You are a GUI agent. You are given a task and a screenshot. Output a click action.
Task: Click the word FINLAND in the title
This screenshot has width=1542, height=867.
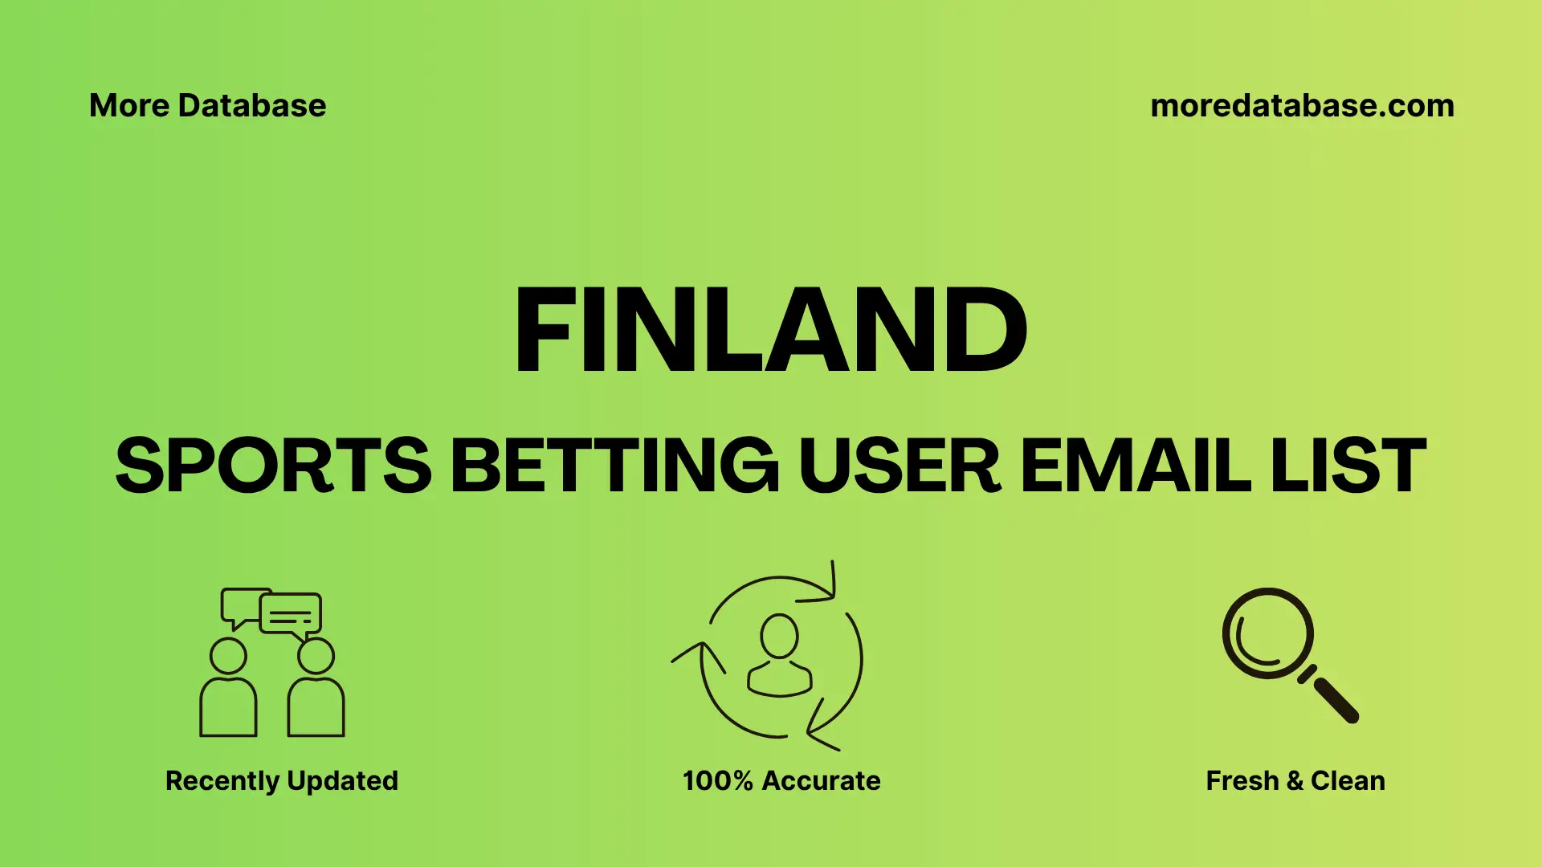[771, 330]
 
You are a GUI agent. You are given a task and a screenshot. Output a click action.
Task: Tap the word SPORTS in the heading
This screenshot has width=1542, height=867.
[274, 466]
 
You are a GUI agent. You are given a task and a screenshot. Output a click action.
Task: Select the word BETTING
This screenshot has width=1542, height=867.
[614, 466]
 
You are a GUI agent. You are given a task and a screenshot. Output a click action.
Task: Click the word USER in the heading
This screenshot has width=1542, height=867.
[899, 466]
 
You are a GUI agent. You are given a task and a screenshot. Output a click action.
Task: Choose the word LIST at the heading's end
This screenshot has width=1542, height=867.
[1348, 466]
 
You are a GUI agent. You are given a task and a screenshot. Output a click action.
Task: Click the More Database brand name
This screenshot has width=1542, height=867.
[207, 106]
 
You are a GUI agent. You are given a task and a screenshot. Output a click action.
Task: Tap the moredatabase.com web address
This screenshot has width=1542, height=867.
[1302, 106]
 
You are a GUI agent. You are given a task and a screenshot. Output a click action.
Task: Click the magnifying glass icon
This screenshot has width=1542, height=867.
[1269, 634]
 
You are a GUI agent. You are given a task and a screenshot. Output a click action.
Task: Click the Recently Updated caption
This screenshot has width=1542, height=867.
[281, 780]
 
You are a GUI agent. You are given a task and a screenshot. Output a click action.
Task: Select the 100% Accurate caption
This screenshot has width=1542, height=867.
[781, 780]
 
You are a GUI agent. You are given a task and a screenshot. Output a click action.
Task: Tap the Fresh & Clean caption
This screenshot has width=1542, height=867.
[1295, 780]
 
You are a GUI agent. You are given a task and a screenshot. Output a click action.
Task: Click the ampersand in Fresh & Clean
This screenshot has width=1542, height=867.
[1294, 781]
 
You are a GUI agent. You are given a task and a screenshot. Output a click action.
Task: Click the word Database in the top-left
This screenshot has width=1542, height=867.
[251, 106]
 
